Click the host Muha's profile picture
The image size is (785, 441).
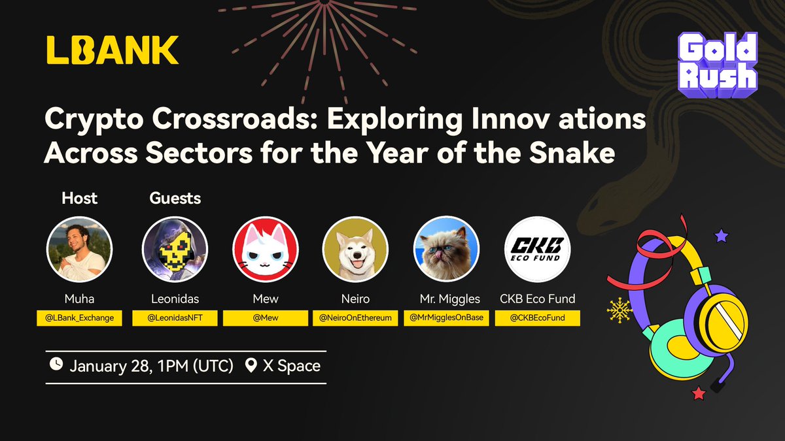coord(80,249)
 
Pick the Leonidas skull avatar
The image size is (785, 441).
coord(175,249)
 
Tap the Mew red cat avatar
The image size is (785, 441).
coord(266,249)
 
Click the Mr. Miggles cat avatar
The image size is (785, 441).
coord(446,249)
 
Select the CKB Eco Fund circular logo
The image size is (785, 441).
coord(537,249)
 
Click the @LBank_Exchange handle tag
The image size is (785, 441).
coord(80,318)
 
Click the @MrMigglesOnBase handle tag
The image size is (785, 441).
coord(447,318)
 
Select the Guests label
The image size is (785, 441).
coord(175,197)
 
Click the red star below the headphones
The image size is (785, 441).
coord(698,393)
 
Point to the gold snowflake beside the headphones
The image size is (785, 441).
coord(619,310)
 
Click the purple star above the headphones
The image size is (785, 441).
coord(722,235)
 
